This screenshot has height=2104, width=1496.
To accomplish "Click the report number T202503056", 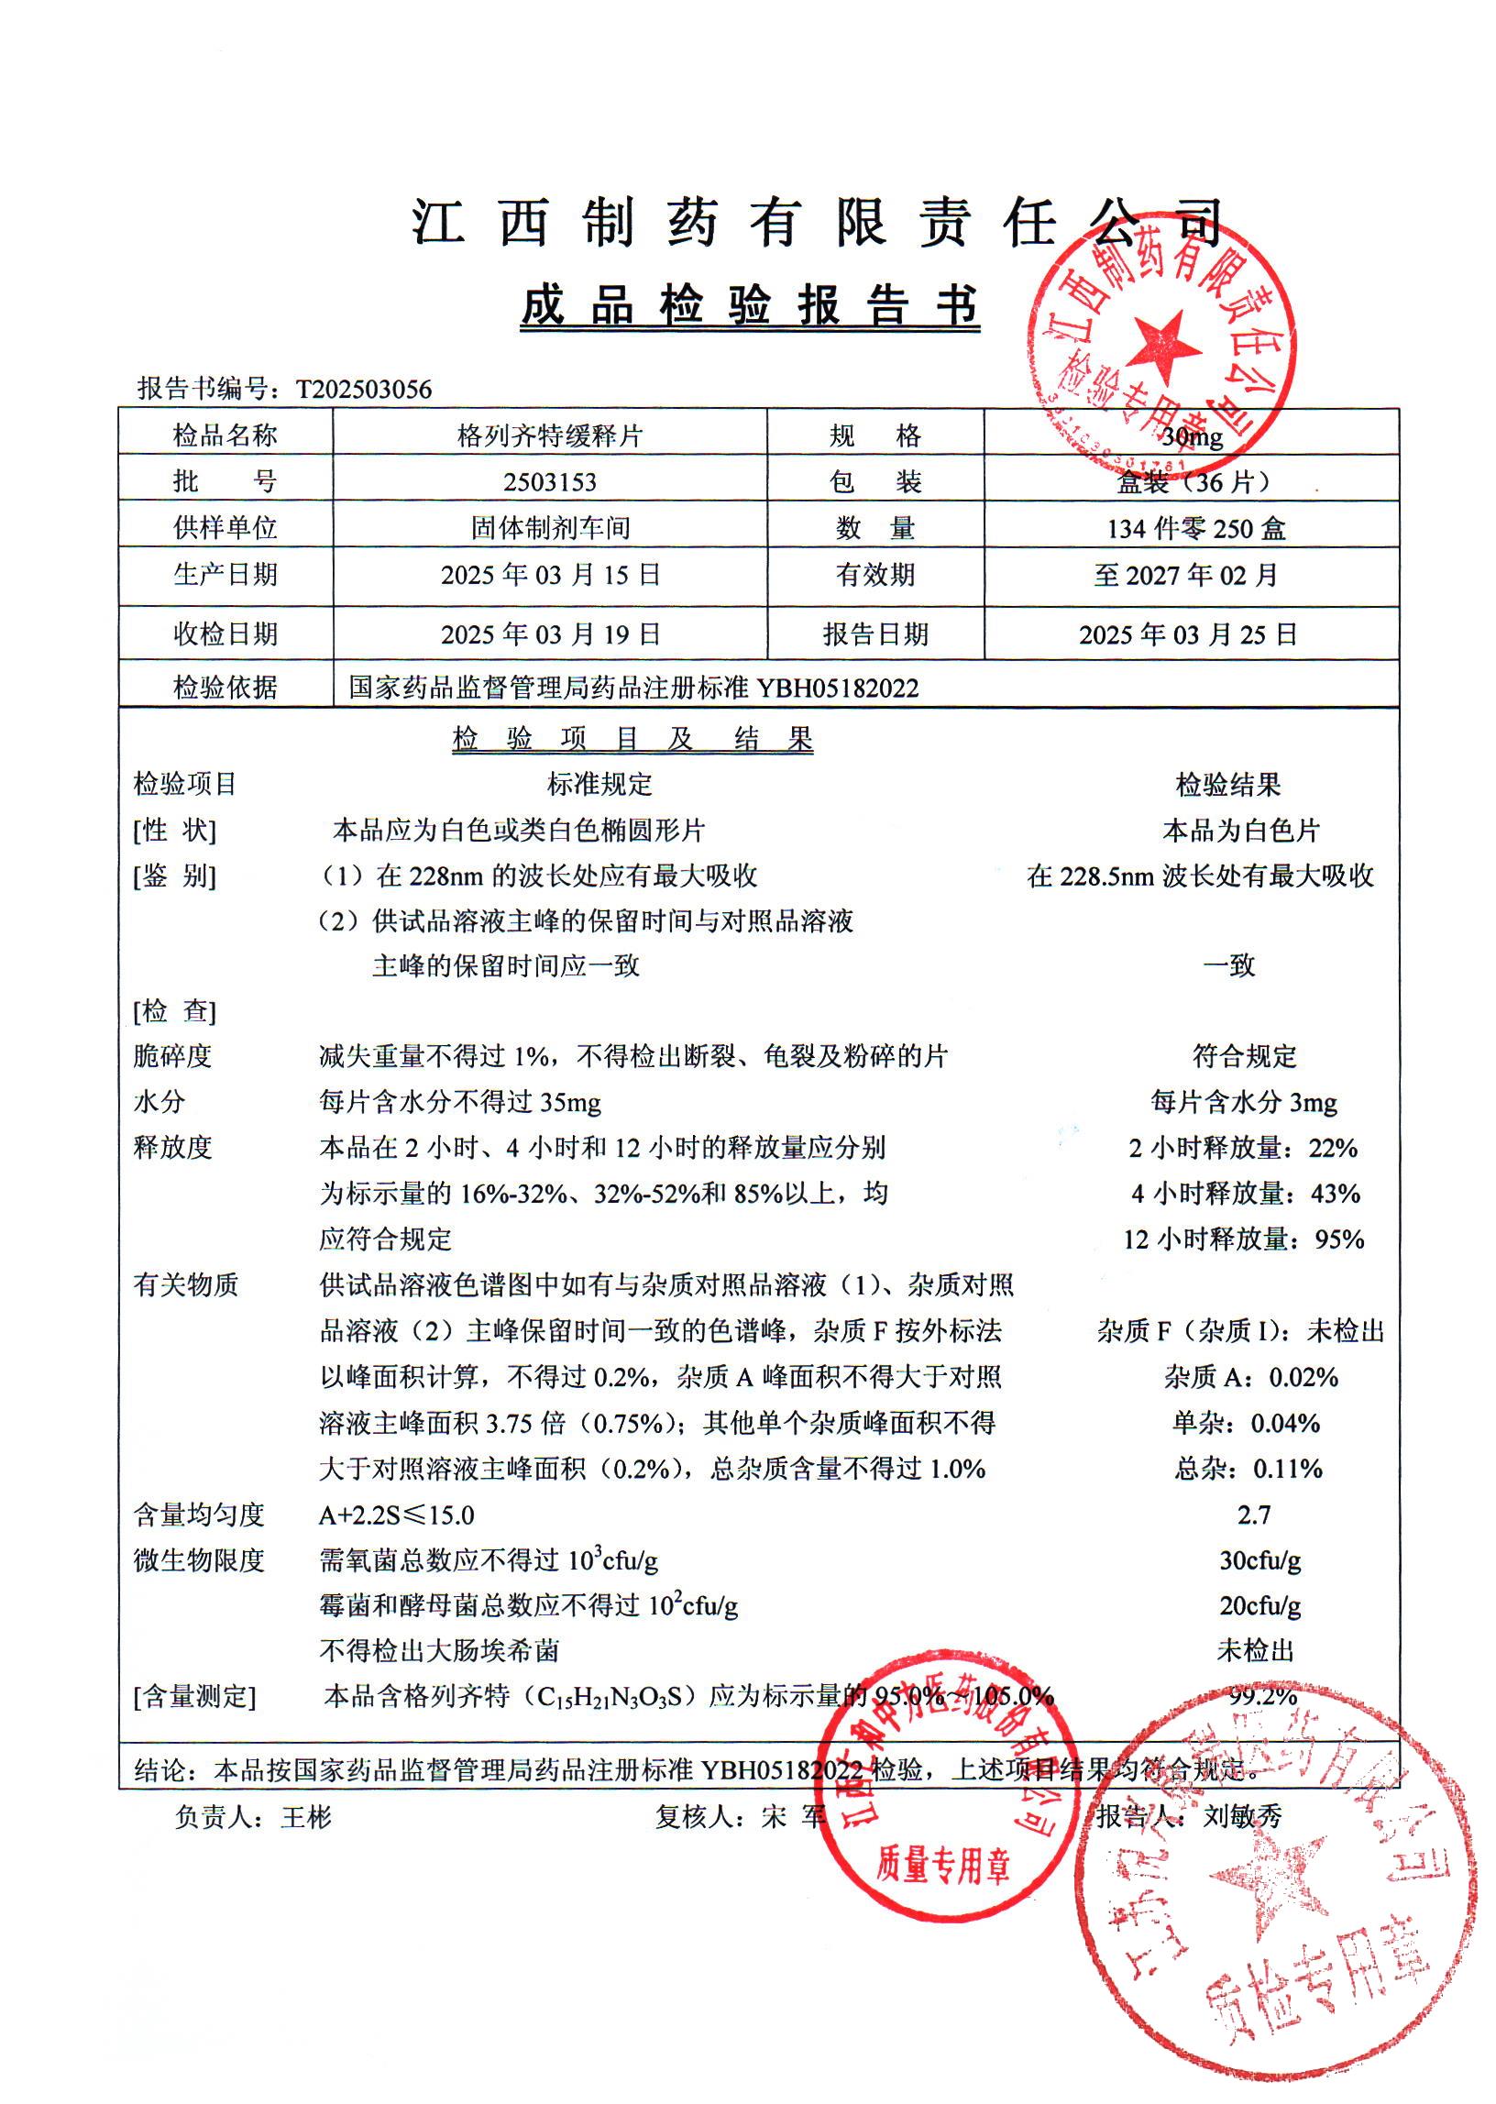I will click(x=363, y=390).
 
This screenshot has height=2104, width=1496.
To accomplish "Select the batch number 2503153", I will click(x=550, y=482).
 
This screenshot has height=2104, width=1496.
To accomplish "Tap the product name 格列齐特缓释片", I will click(x=550, y=435).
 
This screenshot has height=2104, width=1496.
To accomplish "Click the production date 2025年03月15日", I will click(x=550, y=576).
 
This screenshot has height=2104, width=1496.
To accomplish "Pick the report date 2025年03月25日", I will click(x=1188, y=634).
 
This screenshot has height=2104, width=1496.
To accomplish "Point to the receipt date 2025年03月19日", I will click(x=550, y=634).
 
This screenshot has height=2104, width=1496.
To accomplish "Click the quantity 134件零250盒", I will click(x=1195, y=529).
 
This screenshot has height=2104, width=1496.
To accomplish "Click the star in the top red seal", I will click(x=1164, y=348).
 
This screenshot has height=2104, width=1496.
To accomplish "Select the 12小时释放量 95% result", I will click(x=1243, y=1239).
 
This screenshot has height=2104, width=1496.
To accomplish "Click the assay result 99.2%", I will click(x=1262, y=1696).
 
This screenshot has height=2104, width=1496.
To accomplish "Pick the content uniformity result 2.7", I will click(x=1254, y=1515).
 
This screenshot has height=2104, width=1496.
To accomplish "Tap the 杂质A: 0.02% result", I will click(x=1250, y=1378).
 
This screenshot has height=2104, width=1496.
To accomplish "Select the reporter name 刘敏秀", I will click(x=1242, y=1816).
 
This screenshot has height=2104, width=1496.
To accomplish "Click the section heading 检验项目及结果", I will click(x=632, y=739).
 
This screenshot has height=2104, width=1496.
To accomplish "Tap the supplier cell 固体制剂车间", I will click(x=550, y=529).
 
